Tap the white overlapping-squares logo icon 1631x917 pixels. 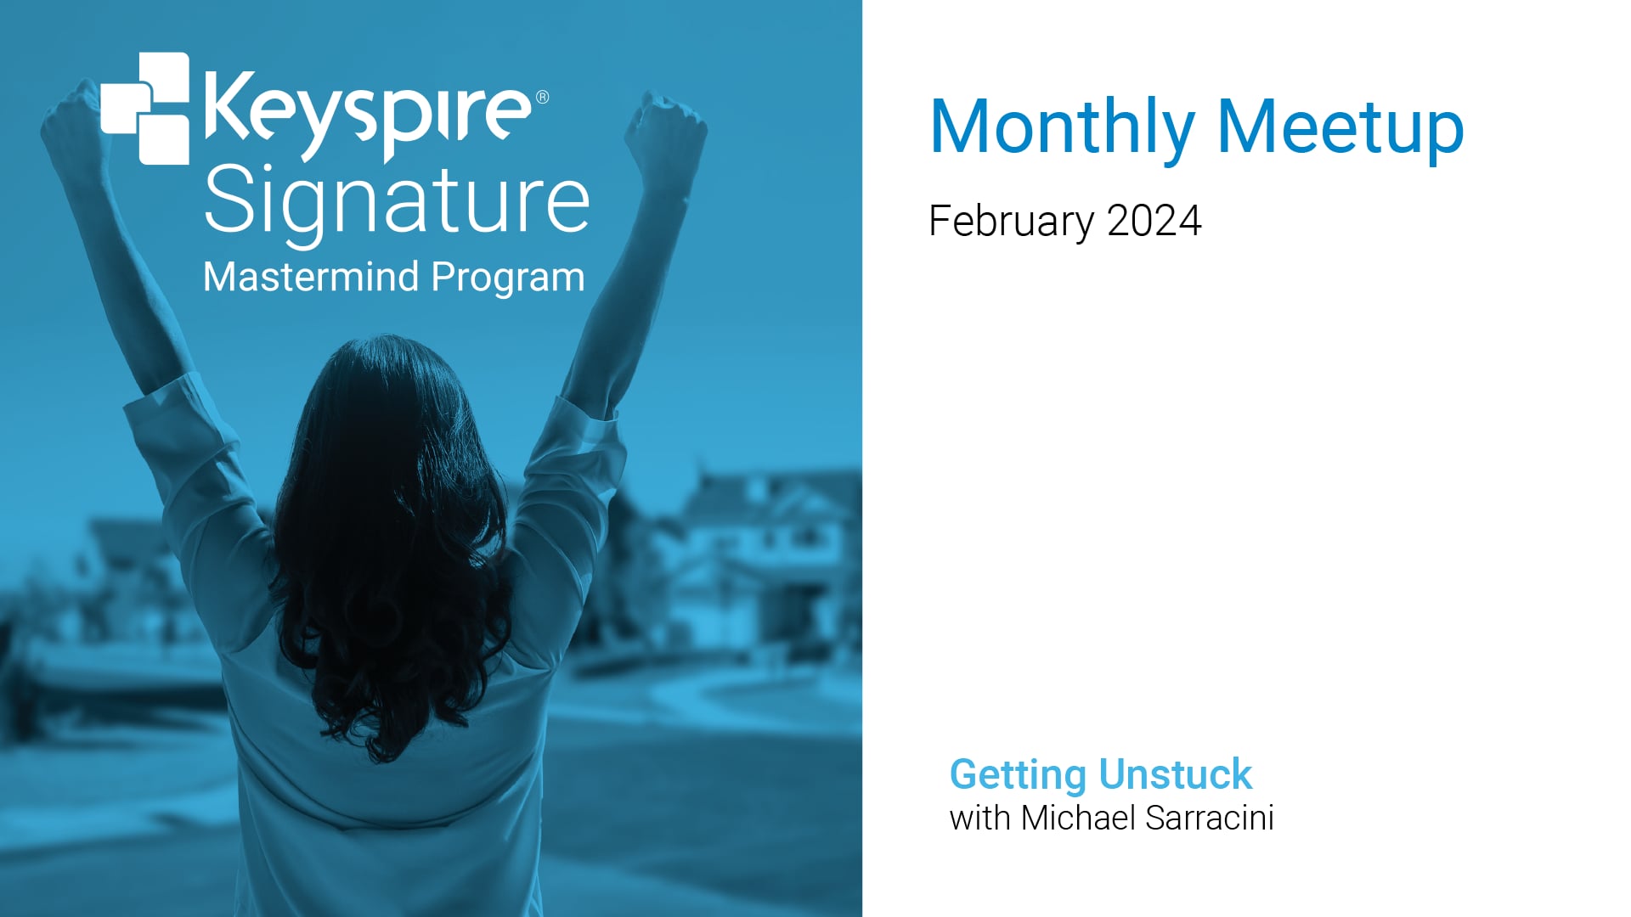click(x=145, y=108)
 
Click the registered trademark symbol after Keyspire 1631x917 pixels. click(x=542, y=97)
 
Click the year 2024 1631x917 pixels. click(x=1154, y=221)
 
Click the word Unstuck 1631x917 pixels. click(x=1176, y=774)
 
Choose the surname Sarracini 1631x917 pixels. click(x=1210, y=818)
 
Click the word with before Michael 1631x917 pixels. click(x=980, y=818)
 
